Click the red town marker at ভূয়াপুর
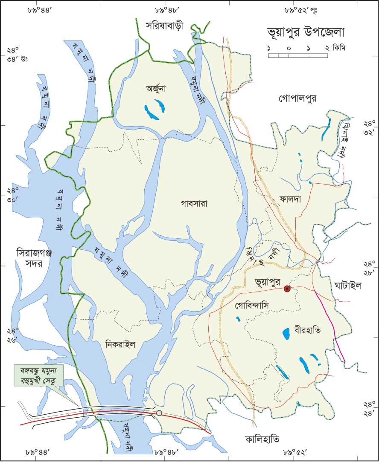(287, 289)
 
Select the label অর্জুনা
(156, 89)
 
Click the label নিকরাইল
(120, 345)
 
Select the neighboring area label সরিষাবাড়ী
(164, 25)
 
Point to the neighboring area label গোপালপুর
(298, 99)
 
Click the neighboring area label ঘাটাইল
(348, 286)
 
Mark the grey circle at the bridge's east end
(159, 413)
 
